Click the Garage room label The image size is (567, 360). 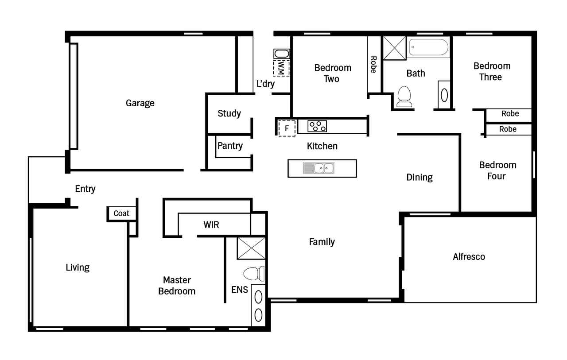coord(140,103)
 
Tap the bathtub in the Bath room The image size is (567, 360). coord(428,47)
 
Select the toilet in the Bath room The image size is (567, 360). coord(404,97)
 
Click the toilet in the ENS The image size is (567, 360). coord(254,274)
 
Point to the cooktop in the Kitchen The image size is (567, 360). coord(317,126)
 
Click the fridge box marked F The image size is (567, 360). coord(287,128)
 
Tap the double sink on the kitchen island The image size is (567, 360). coord(318,168)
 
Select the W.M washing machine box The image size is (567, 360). coord(281,68)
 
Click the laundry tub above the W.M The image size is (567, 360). coord(282,54)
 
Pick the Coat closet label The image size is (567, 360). coord(121,213)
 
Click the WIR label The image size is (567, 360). coord(211,225)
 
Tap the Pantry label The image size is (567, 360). coord(230,146)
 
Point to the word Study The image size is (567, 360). coord(229,114)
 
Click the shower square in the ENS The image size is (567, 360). coord(251,248)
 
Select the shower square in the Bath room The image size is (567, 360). coord(394,48)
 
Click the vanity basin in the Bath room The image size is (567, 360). coord(444,95)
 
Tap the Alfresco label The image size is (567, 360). coord(469,257)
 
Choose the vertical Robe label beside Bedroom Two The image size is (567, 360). coord(373,65)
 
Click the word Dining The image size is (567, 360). coord(419,178)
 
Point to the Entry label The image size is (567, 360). coord(85,189)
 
